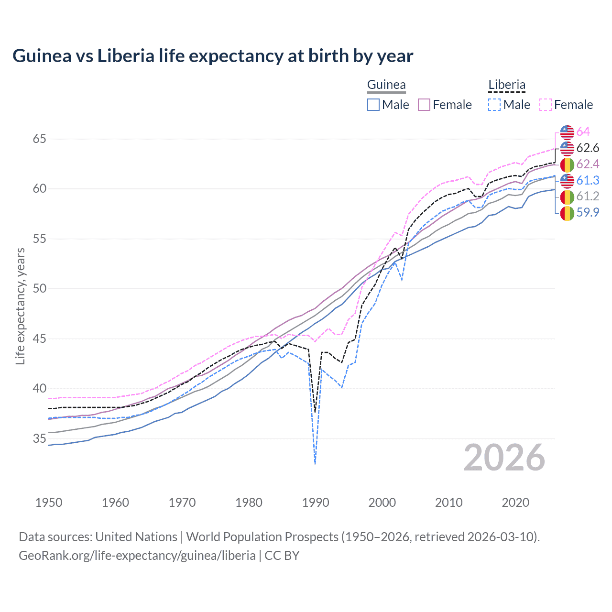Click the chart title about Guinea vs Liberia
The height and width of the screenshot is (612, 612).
(x=213, y=56)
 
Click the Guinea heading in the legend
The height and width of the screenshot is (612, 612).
(x=386, y=85)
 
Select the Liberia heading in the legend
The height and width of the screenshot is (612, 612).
(x=506, y=85)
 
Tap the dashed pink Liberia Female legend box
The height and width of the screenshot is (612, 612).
(x=546, y=105)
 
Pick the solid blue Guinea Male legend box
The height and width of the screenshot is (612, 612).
(x=373, y=105)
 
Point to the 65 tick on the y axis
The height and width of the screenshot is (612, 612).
(x=39, y=139)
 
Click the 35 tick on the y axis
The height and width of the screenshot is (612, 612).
(x=39, y=438)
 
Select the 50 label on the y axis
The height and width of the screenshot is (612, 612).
(x=39, y=289)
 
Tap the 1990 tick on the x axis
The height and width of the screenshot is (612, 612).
(x=316, y=503)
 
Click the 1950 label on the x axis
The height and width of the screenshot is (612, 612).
(x=49, y=503)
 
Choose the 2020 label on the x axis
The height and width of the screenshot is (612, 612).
(x=515, y=503)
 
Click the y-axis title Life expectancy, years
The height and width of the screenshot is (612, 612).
(x=20, y=306)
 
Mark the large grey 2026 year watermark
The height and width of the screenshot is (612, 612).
(x=504, y=458)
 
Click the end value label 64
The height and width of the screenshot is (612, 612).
(x=583, y=131)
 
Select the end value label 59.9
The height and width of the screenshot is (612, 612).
(x=588, y=212)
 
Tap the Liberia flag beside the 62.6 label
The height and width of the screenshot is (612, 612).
(x=567, y=148)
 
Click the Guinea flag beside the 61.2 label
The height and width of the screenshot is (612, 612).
(x=567, y=197)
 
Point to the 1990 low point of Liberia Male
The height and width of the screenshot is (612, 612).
(x=315, y=463)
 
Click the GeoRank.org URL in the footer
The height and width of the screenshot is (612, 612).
(x=137, y=555)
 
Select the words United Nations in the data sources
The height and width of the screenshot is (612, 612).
(x=136, y=536)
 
